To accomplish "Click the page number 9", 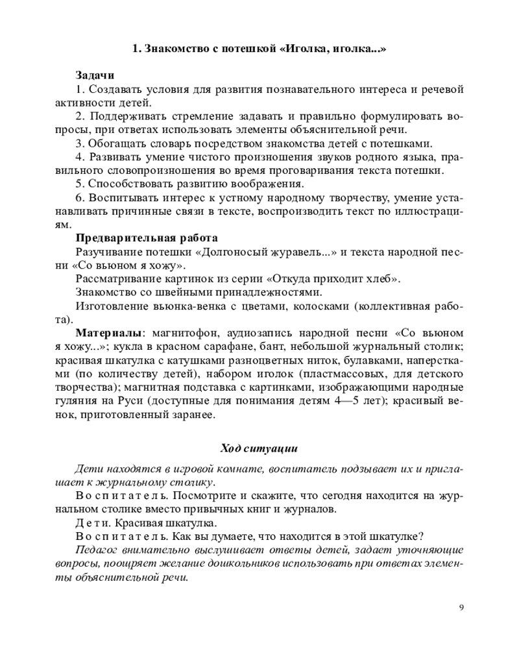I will coord(461,607).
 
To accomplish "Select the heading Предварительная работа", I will coord(147,238).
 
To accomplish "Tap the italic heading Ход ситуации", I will coord(259,448).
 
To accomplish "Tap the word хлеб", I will coord(381,278).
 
